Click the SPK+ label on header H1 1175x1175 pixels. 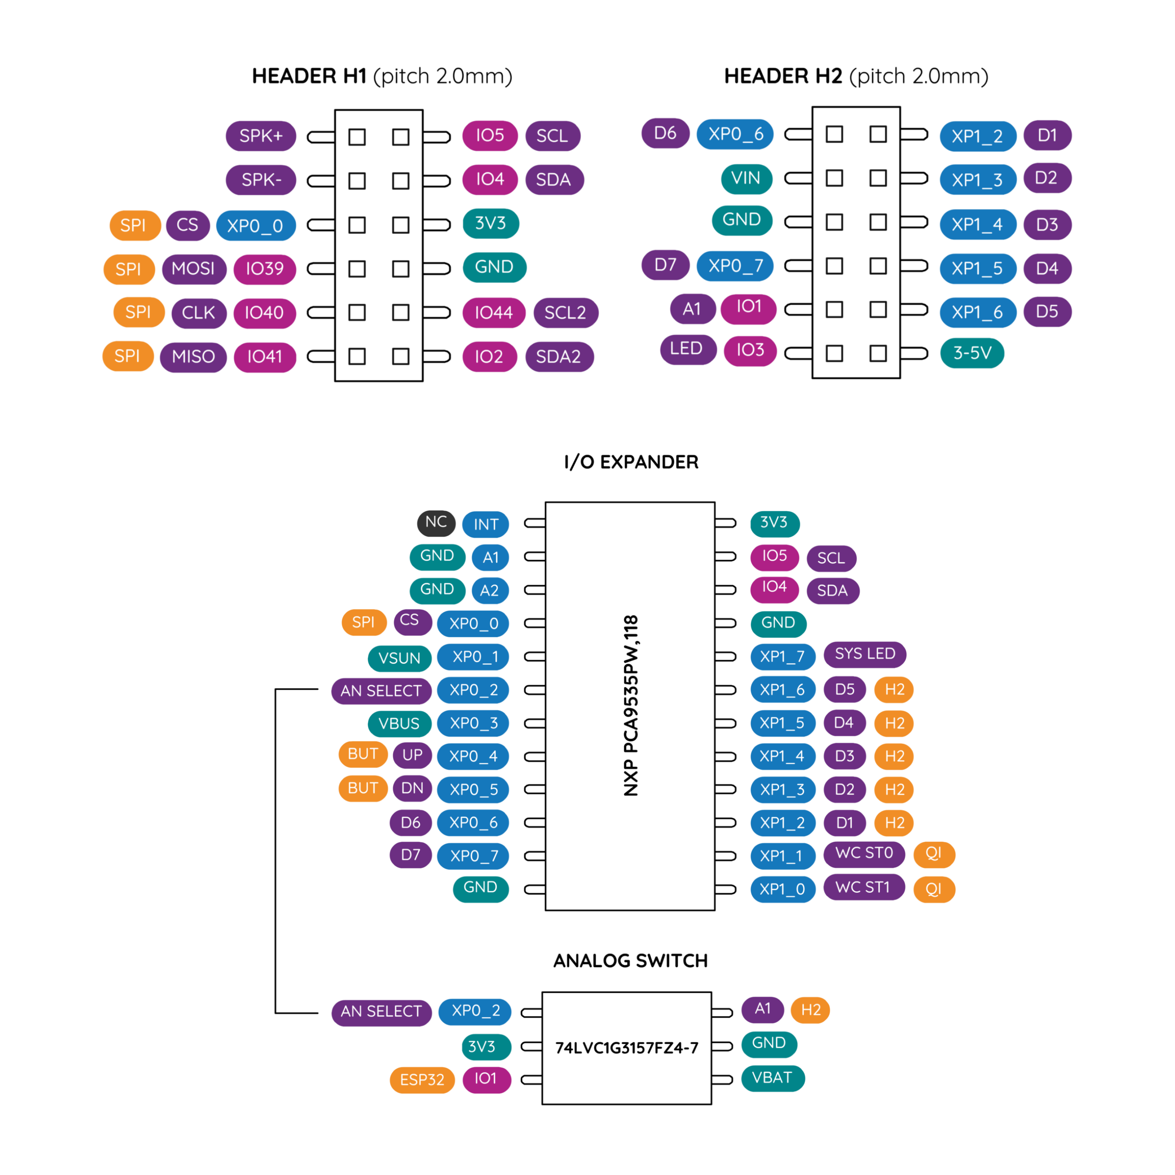tap(261, 136)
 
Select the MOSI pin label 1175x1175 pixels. tap(194, 269)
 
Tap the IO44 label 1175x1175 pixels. tap(494, 313)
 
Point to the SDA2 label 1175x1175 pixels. tap(559, 356)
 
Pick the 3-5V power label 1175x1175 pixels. tap(972, 353)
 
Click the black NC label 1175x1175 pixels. tap(436, 522)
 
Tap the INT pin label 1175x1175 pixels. tap(486, 524)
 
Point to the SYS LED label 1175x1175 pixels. tap(865, 654)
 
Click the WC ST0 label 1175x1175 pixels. tap(864, 853)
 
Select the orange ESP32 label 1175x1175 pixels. tap(422, 1080)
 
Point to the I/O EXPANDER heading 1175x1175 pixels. tap(631, 462)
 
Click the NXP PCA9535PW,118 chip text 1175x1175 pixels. tap(631, 705)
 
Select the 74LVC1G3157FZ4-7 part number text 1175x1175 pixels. tap(627, 1047)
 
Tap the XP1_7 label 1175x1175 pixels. tap(783, 657)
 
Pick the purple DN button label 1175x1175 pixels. tap(412, 788)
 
